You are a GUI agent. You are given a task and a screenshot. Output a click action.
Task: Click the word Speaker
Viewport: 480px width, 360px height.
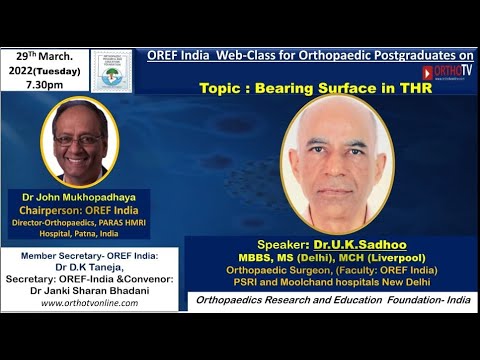click(x=301, y=241)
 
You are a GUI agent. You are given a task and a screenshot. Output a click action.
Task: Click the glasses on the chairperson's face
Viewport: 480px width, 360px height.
click(x=79, y=140)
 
